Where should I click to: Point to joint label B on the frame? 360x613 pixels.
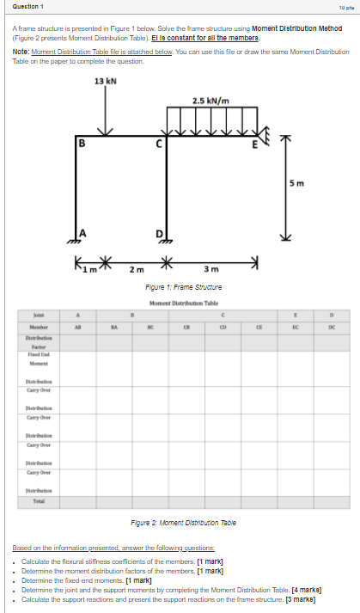(82, 143)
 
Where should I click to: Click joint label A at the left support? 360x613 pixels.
(83, 230)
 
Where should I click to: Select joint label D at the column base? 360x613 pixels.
(158, 233)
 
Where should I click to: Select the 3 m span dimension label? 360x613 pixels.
(211, 271)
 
